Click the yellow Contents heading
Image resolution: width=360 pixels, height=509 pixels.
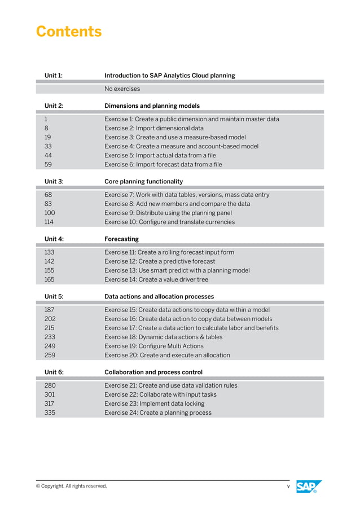[69, 32]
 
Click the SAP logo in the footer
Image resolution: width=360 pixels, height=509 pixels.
[309, 486]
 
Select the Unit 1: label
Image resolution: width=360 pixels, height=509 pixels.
[54, 75]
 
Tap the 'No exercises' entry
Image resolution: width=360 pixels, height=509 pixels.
[122, 89]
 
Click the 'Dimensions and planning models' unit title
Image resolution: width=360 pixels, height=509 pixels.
[152, 106]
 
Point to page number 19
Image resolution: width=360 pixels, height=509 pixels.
[47, 137]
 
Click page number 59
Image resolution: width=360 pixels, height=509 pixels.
[48, 164]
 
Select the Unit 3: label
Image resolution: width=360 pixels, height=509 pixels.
[54, 181]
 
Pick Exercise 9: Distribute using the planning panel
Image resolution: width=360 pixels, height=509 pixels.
[168, 213]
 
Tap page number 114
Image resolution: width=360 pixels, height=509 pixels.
[49, 222]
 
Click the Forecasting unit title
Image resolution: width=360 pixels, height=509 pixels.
[121, 239]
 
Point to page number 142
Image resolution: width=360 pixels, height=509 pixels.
[49, 261]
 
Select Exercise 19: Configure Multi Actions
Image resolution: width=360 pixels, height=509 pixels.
[153, 346]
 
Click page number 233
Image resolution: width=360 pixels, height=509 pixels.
[50, 337]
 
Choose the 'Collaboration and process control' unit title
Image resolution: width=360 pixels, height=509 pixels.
[153, 372]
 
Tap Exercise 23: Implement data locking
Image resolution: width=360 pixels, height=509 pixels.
[154, 403]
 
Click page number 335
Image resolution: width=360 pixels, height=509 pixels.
[50, 413]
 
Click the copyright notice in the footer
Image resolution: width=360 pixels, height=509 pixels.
[71, 486]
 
